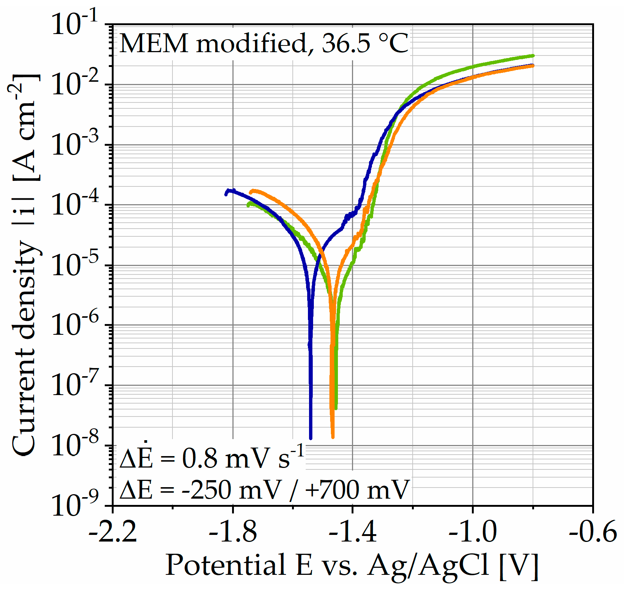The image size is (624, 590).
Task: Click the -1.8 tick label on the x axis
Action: [x=233, y=533]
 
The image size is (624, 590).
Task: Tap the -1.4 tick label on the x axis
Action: [x=353, y=533]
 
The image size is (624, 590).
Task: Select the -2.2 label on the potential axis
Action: [x=113, y=533]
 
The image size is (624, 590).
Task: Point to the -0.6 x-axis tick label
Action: [x=593, y=533]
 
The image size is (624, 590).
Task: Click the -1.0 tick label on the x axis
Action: [x=473, y=533]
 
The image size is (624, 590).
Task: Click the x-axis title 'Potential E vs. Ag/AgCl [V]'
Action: [x=352, y=565]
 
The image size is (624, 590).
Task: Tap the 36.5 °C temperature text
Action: [x=365, y=44]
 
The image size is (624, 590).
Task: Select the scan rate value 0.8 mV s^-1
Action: [x=242, y=458]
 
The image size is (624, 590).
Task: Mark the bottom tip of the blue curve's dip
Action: [x=311, y=438]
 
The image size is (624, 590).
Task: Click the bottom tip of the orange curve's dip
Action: [x=333, y=437]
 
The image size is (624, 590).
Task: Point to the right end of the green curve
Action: [x=533, y=55]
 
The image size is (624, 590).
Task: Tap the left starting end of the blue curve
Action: [x=226, y=194]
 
